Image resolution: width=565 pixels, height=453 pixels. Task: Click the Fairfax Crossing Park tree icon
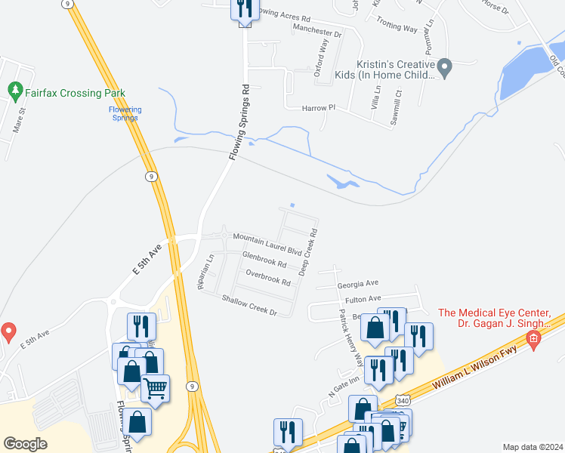[x=14, y=91]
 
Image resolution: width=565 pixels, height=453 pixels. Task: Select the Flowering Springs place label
[x=125, y=113]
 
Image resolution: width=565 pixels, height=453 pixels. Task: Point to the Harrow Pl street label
[x=318, y=108]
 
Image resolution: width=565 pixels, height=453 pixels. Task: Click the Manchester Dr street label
[x=317, y=33]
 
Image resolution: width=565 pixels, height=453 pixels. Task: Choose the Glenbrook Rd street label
[x=264, y=260]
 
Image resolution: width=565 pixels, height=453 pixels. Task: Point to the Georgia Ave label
[x=357, y=285]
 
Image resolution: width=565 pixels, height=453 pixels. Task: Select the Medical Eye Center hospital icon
[x=533, y=341]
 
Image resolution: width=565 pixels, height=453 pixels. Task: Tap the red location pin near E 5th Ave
[x=8, y=331]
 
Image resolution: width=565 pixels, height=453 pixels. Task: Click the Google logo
[x=25, y=444]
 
